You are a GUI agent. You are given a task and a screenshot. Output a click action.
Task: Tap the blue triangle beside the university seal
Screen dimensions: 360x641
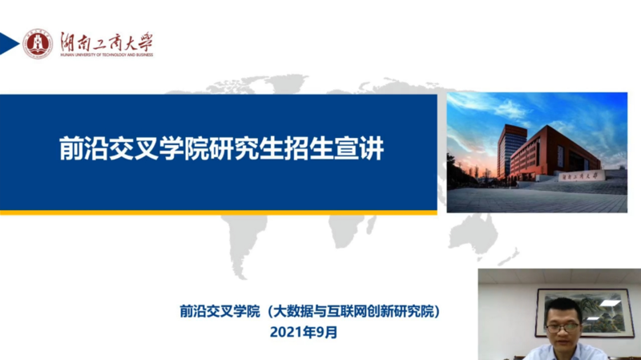(8, 44)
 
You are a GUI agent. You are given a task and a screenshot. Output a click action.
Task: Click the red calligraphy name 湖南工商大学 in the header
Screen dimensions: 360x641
(105, 40)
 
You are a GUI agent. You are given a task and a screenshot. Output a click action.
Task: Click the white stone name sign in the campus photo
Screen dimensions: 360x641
(580, 176)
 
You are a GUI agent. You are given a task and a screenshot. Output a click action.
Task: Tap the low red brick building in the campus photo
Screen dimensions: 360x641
(561, 152)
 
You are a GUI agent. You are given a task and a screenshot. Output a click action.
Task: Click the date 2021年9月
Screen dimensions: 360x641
(304, 332)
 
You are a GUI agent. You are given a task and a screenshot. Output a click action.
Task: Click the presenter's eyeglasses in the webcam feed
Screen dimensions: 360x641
(562, 326)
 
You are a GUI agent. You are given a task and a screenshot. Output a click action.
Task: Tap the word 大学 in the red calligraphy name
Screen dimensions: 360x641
(137, 40)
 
